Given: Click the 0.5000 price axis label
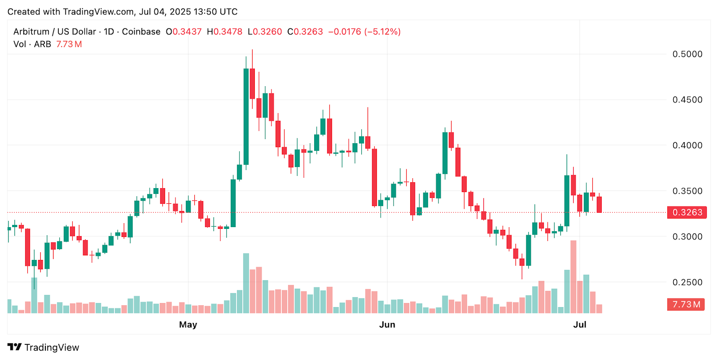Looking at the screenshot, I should [687, 54].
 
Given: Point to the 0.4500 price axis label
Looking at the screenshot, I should [687, 100].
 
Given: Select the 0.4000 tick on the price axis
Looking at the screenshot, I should [687, 145].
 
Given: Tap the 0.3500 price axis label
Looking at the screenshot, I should [687, 191].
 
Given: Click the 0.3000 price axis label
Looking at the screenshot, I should [687, 237].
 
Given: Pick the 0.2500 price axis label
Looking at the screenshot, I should [687, 282].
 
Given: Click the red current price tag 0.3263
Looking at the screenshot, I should [687, 212].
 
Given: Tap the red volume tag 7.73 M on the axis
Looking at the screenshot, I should [686, 304].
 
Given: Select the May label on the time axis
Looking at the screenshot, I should [188, 325].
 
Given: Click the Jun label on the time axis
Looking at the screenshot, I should [387, 325].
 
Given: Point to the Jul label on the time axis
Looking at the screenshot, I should [579, 325].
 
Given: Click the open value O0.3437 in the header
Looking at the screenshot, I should [184, 32].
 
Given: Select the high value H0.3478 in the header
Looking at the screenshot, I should [224, 32].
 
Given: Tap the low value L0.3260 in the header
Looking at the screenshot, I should [265, 32].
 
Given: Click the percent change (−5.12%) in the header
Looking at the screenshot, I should [382, 32].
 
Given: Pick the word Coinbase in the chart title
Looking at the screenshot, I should [141, 32].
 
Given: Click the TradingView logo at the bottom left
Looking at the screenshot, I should [43, 347].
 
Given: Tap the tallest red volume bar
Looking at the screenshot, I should [573, 277].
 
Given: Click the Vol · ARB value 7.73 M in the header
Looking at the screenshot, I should [69, 44].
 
